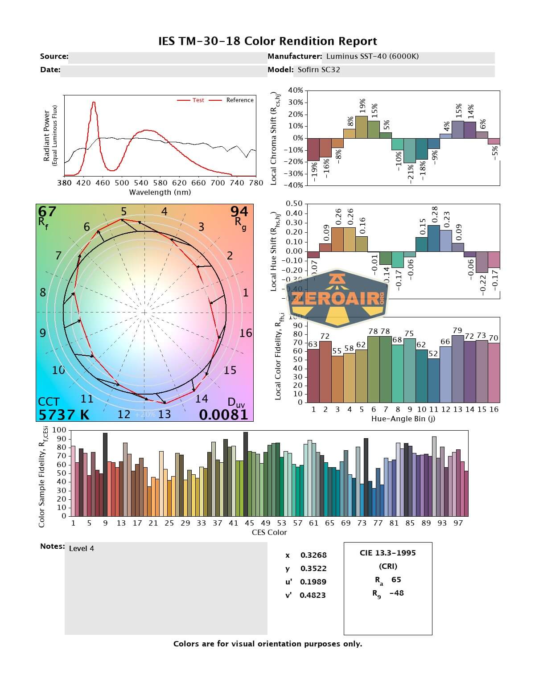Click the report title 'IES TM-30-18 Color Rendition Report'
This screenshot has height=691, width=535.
(267, 41)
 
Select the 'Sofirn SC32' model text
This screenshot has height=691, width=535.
(319, 70)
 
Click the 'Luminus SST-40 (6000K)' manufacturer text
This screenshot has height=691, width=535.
(372, 56)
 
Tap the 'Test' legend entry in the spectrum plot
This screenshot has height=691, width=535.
(198, 100)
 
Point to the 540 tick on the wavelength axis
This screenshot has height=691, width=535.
(141, 183)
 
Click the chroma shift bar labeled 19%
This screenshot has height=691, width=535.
(362, 127)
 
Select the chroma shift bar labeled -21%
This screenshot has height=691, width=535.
(410, 150)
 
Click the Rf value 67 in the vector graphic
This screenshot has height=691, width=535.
(47, 211)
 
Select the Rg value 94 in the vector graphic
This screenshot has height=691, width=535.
(239, 211)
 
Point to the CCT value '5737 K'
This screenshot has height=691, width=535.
(64, 415)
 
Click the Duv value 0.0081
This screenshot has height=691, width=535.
(223, 415)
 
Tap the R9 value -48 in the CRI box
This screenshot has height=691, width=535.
(396, 593)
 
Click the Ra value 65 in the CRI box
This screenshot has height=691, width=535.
(396, 580)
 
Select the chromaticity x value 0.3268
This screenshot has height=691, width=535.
(313, 555)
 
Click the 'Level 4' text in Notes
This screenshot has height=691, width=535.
(82, 548)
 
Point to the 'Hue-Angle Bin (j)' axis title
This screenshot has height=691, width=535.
(403, 419)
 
